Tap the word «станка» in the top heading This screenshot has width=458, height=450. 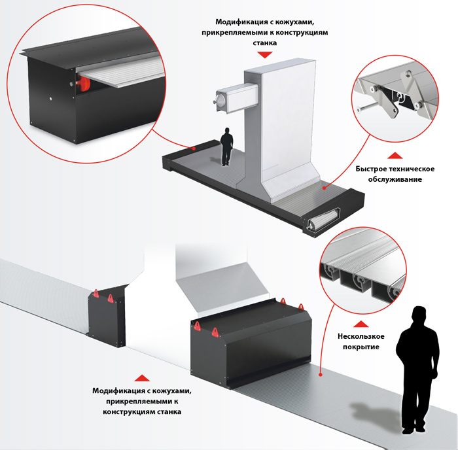tap(264, 43)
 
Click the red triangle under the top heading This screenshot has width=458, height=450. tap(264, 54)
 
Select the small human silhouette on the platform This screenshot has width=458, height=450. tap(226, 147)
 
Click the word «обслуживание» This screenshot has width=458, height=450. tap(395, 179)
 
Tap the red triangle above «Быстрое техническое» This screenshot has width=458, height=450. tap(395, 156)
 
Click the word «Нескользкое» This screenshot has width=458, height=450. tap(361, 336)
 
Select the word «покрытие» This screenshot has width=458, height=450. tap(361, 347)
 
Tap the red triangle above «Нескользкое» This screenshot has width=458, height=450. tap(361, 324)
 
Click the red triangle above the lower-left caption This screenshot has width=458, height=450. tap(142, 378)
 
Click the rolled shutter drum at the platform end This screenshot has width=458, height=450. tap(323, 220)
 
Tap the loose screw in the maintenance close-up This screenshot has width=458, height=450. tap(368, 107)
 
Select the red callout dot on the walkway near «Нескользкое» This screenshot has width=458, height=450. tap(320, 374)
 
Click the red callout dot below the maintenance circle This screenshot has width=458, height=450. tap(324, 188)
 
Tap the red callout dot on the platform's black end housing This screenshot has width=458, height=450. tap(194, 148)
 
